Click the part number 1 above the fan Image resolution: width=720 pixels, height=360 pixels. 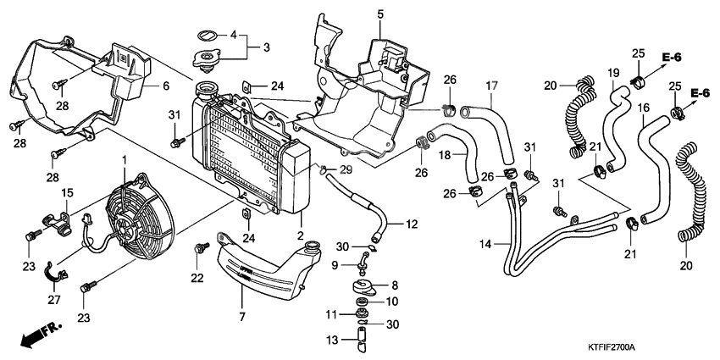click(124, 159)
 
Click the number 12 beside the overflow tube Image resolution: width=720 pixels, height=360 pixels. click(412, 224)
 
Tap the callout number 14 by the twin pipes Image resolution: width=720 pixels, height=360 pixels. click(485, 245)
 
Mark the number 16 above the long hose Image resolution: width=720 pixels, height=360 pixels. click(644, 108)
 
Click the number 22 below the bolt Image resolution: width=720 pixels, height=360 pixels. click(197, 278)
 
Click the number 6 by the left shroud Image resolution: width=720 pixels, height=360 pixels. click(166, 86)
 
